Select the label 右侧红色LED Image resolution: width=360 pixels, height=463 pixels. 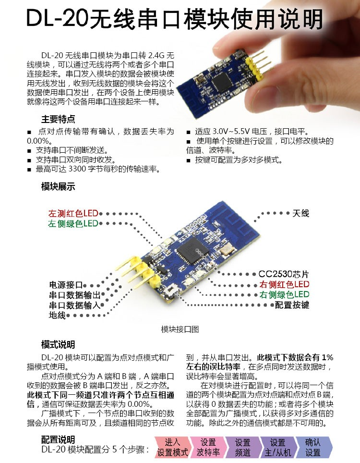(x=284, y=284)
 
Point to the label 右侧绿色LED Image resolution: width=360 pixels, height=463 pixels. (x=284, y=294)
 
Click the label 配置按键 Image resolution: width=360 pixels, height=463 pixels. (x=292, y=305)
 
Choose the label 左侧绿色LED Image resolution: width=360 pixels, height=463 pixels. (x=73, y=224)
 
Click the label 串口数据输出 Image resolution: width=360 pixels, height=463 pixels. (x=75, y=295)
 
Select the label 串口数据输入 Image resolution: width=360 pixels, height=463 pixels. (x=75, y=305)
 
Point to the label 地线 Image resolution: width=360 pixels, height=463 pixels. (x=57, y=316)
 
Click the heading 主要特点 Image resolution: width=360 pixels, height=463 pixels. (x=58, y=119)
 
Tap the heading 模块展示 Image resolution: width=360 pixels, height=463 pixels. (x=58, y=187)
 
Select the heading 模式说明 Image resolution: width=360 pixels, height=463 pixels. (x=58, y=345)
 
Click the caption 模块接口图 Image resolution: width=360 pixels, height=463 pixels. (x=180, y=329)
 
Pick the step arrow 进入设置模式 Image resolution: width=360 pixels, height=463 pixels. (x=172, y=447)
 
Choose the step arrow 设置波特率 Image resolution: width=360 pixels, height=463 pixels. (x=208, y=447)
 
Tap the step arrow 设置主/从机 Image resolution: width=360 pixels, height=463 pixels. (x=277, y=447)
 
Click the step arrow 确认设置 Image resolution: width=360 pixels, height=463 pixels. (x=312, y=447)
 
